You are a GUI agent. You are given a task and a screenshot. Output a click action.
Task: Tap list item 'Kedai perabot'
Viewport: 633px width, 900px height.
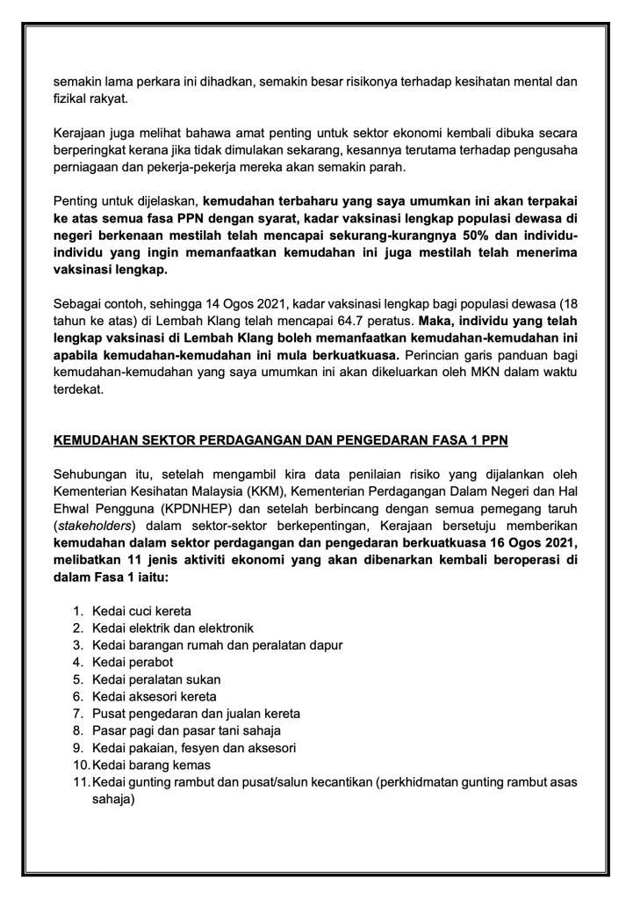click(x=129, y=661)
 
